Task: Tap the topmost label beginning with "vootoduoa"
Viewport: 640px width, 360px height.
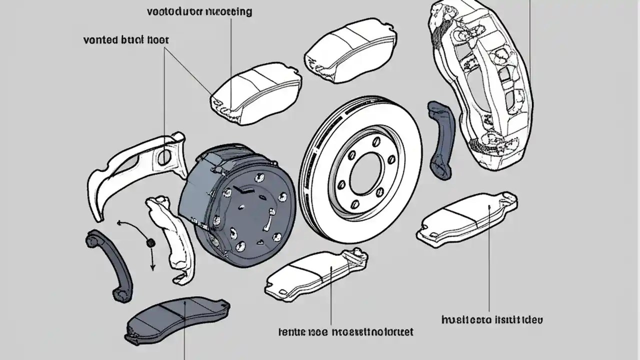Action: (199, 11)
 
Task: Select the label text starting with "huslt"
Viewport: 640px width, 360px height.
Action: (492, 319)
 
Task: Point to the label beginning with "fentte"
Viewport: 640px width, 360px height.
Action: (345, 331)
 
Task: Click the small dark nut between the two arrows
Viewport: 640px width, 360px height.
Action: (149, 242)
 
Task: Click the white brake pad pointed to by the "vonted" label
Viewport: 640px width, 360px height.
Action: (255, 95)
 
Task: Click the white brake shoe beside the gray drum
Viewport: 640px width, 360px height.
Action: (167, 235)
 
